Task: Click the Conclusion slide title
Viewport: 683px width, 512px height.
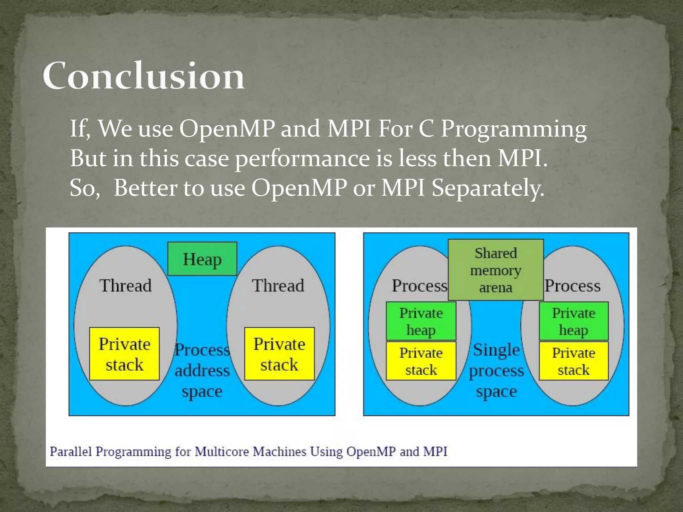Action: [x=144, y=76]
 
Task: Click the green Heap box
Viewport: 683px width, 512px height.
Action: [x=202, y=259]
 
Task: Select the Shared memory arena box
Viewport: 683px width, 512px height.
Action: [x=496, y=270]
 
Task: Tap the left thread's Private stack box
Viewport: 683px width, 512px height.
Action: [x=124, y=354]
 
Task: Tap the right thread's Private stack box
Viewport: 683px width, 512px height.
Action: [x=279, y=354]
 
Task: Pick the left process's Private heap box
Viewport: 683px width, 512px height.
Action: [x=421, y=321]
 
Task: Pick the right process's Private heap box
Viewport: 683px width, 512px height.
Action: [x=574, y=321]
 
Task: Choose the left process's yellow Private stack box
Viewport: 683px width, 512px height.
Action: [x=421, y=361]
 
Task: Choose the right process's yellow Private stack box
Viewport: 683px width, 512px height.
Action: [x=574, y=361]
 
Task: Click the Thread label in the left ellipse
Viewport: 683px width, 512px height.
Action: [x=125, y=286]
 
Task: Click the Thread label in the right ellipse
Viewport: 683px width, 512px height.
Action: [x=278, y=286]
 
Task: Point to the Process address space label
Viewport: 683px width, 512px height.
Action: [x=202, y=370]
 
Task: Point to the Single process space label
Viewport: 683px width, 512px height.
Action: [x=497, y=370]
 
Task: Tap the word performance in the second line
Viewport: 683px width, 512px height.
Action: [x=302, y=158]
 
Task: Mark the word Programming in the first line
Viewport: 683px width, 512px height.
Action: [x=514, y=129]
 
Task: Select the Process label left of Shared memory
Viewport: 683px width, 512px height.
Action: [x=420, y=286]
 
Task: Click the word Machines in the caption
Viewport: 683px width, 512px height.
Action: [x=279, y=452]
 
